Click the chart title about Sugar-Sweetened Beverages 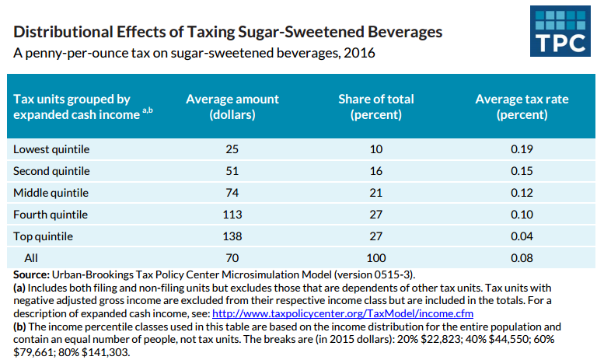coord(229,33)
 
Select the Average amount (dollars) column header coord(232,107)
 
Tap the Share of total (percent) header coord(376,107)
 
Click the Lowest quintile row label coord(52,149)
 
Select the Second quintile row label coord(52,170)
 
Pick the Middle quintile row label coord(51,192)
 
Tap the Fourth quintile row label coord(51,214)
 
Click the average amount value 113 coord(232,214)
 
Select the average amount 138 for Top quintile coord(232,236)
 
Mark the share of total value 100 coord(376,257)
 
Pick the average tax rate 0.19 coord(521,149)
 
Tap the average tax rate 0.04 coord(521,236)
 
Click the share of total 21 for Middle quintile coord(376,192)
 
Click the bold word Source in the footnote coord(32,275)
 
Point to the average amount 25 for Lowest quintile coord(232,149)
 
